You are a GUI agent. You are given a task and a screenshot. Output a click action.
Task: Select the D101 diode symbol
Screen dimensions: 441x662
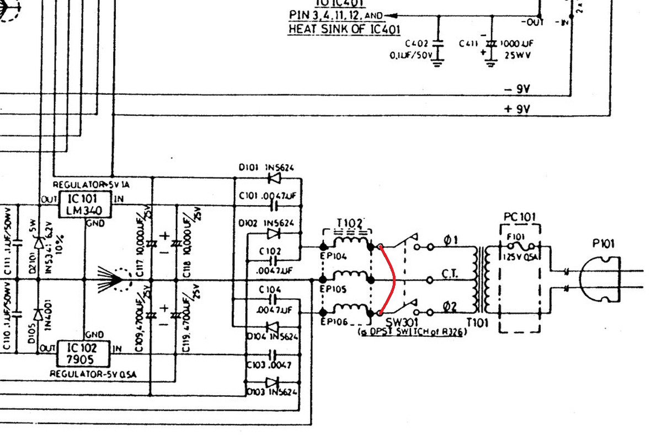pos(274,178)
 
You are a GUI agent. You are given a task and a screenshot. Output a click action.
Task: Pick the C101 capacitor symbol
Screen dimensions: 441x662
pos(274,206)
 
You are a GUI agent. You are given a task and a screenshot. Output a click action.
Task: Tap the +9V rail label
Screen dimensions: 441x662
pos(517,109)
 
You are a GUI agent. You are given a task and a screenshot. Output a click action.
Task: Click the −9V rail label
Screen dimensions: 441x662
pos(517,89)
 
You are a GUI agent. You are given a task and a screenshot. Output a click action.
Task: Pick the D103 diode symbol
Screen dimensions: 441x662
pos(272,382)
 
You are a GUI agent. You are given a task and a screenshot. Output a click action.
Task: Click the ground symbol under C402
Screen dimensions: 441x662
pos(439,62)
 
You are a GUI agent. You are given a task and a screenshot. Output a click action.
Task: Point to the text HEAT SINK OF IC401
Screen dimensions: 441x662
pos(344,29)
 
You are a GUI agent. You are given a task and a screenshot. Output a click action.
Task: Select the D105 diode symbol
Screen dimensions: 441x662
pos(38,315)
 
